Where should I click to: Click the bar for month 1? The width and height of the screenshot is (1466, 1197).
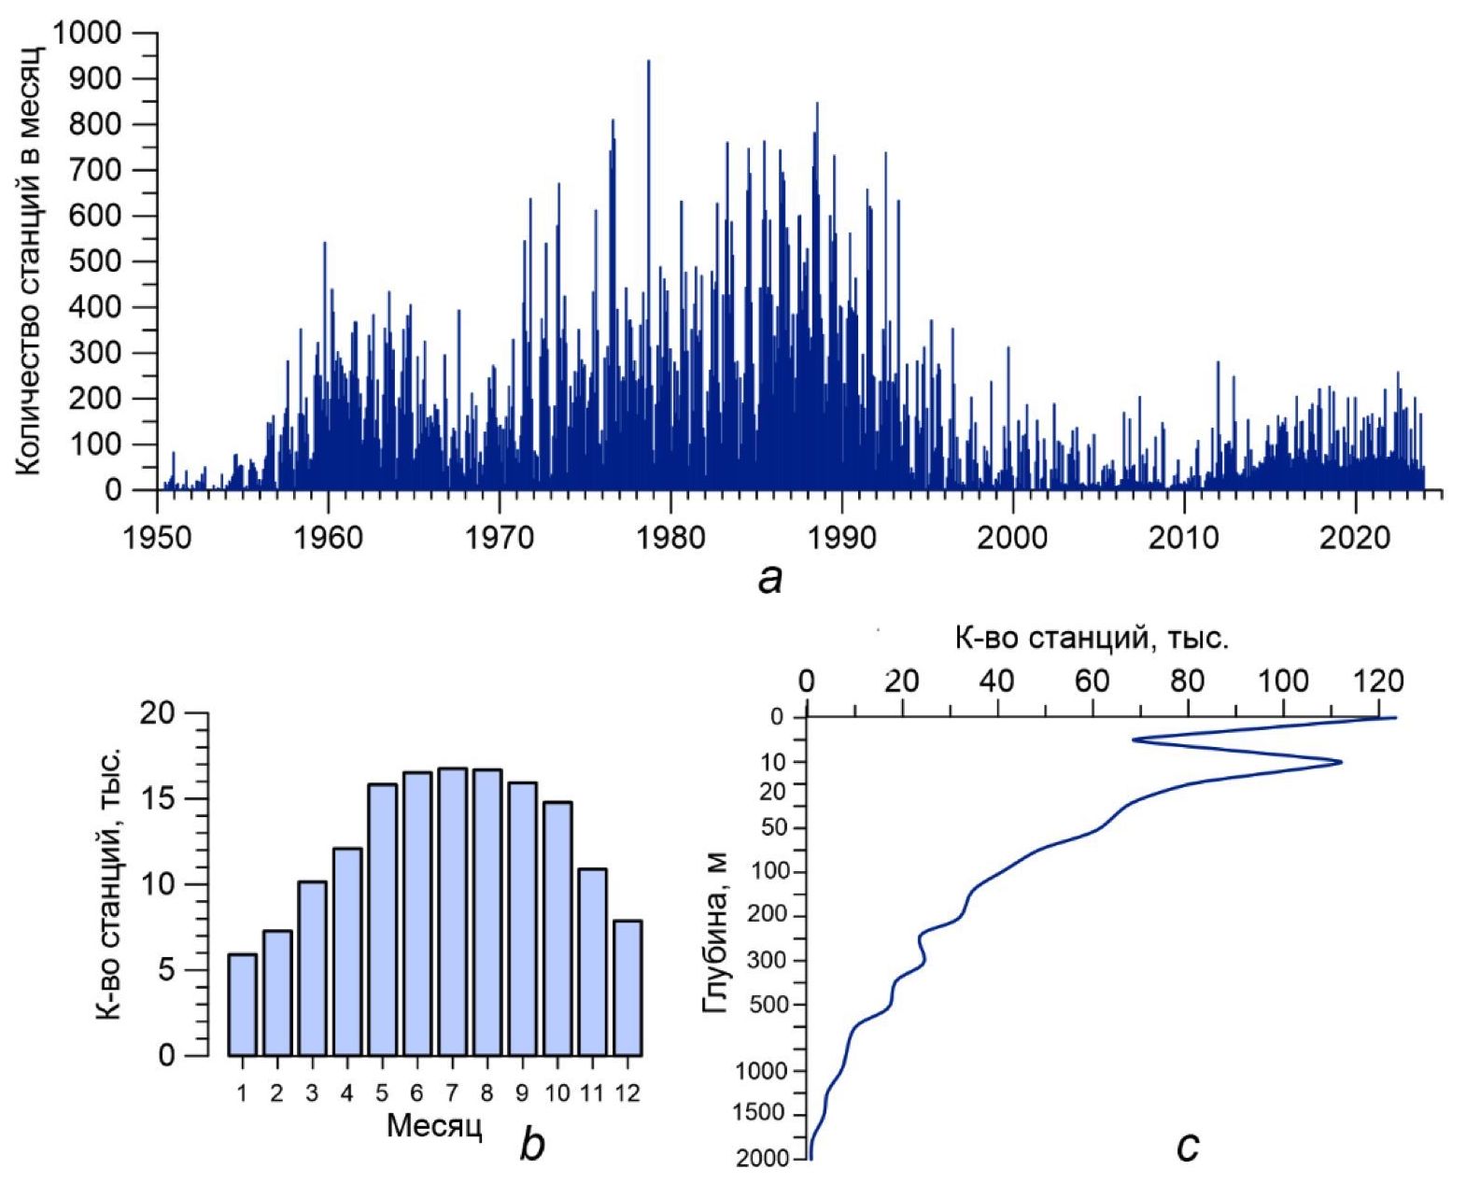click(x=242, y=1004)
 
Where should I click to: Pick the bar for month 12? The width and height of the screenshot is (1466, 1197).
click(x=627, y=988)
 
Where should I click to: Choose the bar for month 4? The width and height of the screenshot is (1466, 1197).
click(x=346, y=951)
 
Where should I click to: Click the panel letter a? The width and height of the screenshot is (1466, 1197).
click(x=769, y=580)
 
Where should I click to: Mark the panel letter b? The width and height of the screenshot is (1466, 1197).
click(x=531, y=1143)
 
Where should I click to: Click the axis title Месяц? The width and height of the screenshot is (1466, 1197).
click(x=434, y=1126)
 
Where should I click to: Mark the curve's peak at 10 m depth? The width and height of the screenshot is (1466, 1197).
click(x=1341, y=762)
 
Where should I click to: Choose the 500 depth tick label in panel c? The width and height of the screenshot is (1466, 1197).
click(x=770, y=1005)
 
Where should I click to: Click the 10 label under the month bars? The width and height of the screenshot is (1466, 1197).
click(x=557, y=1092)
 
